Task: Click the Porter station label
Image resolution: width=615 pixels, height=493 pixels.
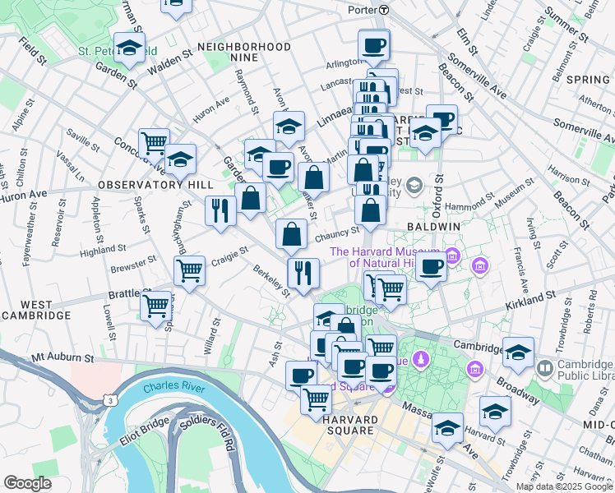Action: [x=361, y=10]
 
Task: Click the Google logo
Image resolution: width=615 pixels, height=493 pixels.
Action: [x=27, y=482]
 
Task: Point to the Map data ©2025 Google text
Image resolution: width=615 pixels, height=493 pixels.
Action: [x=564, y=486]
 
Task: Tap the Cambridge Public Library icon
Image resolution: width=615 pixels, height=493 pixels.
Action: [x=545, y=366]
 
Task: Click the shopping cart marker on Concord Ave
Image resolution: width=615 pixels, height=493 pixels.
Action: [x=154, y=143]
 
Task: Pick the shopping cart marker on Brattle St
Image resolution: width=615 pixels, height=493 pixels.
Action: [x=155, y=306]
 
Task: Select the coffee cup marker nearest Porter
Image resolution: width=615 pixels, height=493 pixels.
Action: [x=374, y=44]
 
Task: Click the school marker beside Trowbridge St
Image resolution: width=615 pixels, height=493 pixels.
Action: [x=495, y=411]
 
